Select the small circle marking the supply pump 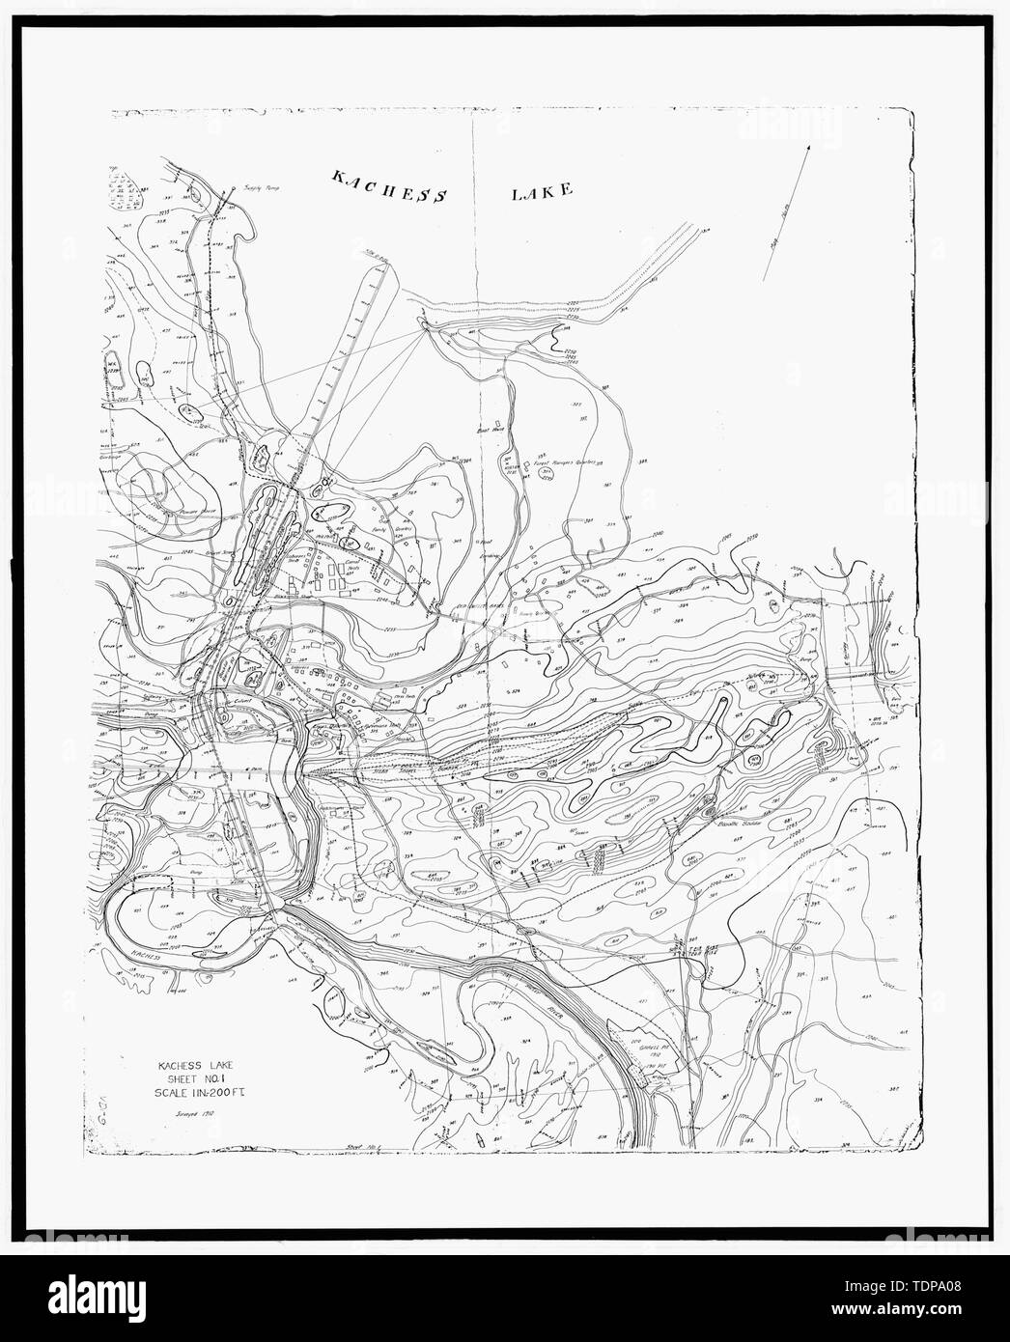[233, 190]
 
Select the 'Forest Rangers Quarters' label [564, 463]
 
